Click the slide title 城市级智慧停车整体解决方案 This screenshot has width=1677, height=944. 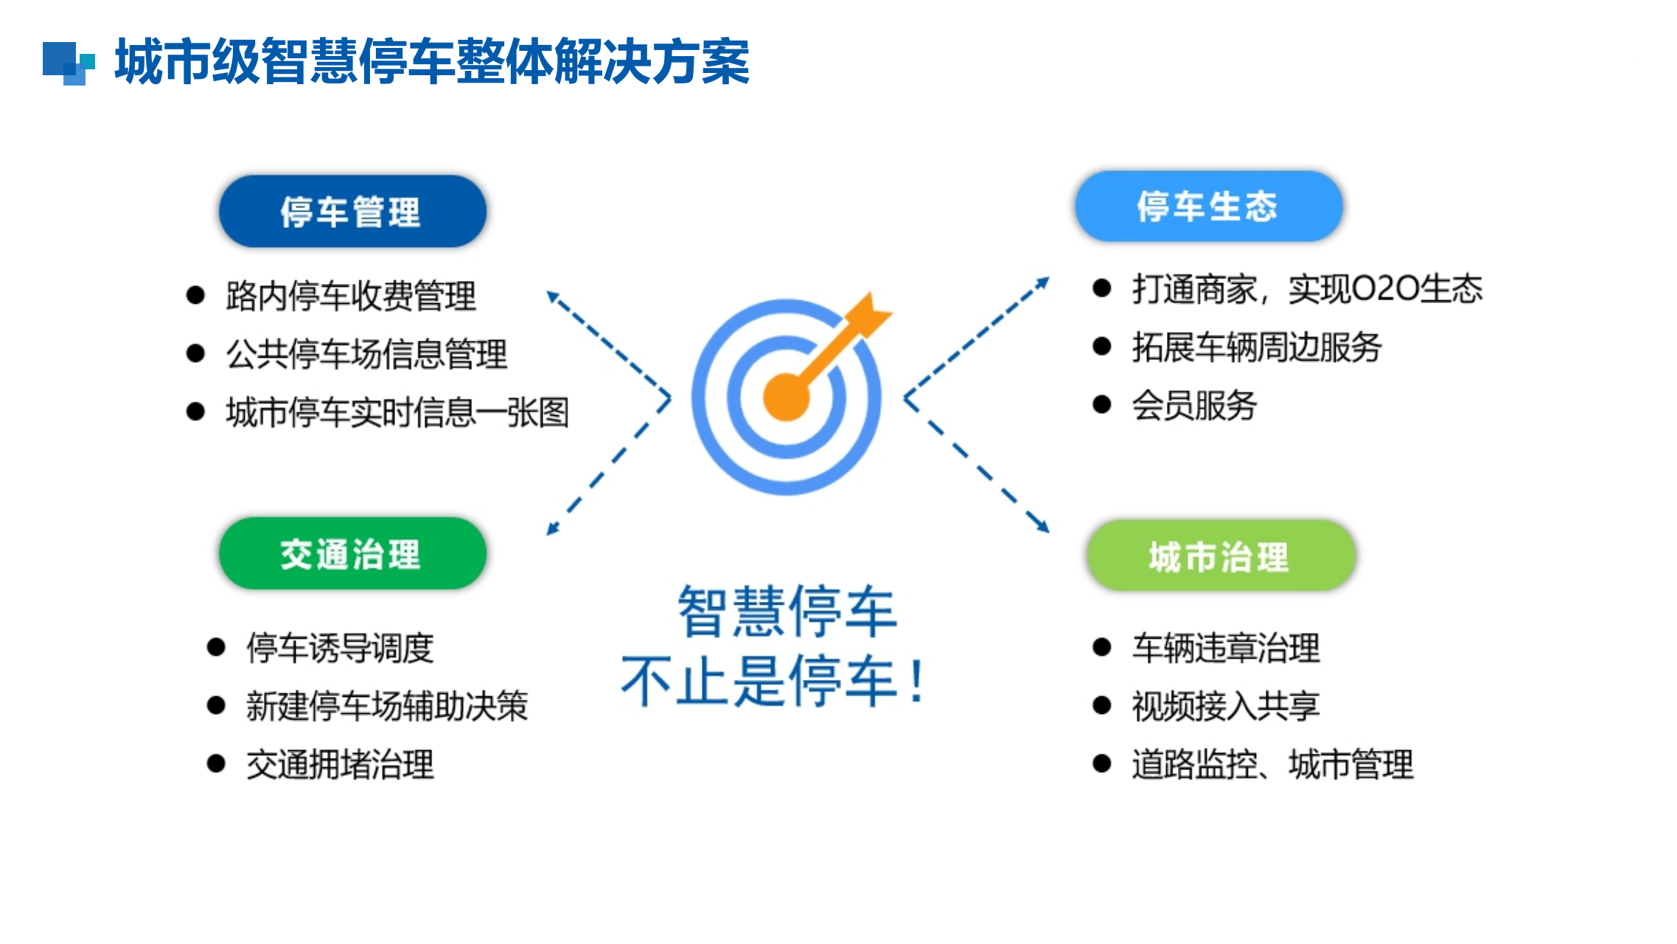coord(432,62)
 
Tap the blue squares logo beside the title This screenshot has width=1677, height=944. coord(69,63)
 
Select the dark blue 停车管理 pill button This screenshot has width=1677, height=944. coord(352,212)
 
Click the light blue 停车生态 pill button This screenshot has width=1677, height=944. coord(1208,206)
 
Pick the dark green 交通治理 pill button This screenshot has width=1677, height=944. coord(352,553)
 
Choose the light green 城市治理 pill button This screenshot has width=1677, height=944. coord(1221,555)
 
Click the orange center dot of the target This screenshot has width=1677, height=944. coord(786,398)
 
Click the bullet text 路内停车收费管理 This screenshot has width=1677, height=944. coord(351,296)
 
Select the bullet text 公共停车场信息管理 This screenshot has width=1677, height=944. coord(366,354)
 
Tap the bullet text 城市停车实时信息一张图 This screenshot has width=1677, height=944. coord(397,412)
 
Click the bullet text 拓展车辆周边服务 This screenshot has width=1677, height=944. coord(1257,347)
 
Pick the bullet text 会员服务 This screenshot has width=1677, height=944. coord(1194,405)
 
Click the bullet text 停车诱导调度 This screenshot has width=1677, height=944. coord(340,648)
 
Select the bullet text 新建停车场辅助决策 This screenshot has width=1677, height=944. coord(387,706)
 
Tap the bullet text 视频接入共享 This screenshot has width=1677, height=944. coord(1226,706)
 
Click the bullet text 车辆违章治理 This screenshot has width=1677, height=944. coord(1226,648)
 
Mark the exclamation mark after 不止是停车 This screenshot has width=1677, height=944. coord(916,680)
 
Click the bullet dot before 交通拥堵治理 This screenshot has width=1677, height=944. coord(216,763)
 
